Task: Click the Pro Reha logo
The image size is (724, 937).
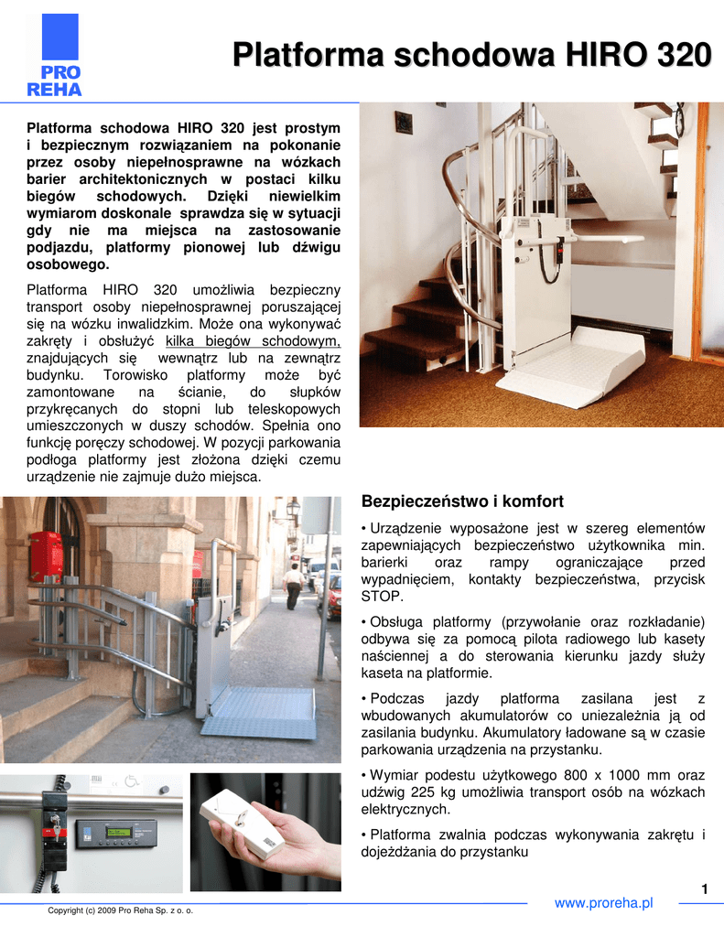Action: (x=54, y=57)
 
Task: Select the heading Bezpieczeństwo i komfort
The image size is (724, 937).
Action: (x=462, y=501)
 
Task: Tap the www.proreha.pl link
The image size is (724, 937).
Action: (x=604, y=903)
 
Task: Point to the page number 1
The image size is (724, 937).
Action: (x=705, y=889)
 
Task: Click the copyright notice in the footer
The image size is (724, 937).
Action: (x=121, y=910)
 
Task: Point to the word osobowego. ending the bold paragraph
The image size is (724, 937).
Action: (x=68, y=264)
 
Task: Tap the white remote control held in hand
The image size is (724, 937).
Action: (x=243, y=822)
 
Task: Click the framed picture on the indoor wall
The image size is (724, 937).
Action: (x=404, y=122)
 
